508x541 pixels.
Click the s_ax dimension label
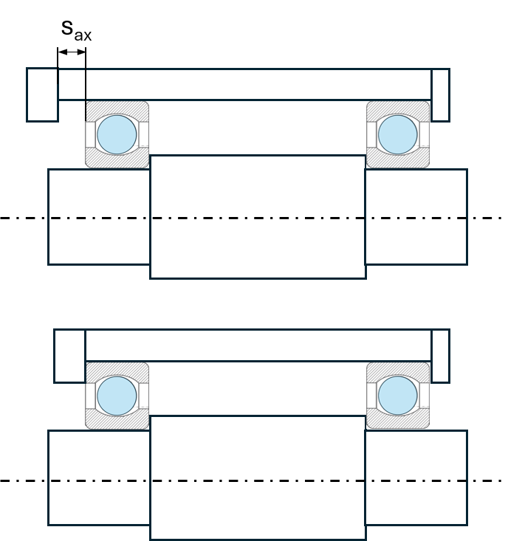click(76, 31)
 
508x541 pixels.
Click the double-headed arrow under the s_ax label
click(72, 52)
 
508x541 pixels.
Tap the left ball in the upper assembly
click(117, 134)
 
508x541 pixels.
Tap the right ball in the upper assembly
click(398, 134)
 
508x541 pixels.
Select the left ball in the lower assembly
click(117, 396)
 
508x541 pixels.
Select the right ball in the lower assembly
click(398, 396)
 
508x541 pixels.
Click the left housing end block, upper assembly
click(42, 95)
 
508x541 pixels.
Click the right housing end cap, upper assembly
click(440, 95)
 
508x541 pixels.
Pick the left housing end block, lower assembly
click(69, 356)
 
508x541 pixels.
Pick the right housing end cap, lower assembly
click(440, 356)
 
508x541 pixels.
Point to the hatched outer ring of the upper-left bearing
click(117, 108)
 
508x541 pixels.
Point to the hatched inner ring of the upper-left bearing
click(117, 159)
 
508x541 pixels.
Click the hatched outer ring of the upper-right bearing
click(398, 108)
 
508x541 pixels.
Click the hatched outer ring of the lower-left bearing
click(117, 369)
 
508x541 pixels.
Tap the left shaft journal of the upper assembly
click(99, 217)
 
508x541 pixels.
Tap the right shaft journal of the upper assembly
click(416, 217)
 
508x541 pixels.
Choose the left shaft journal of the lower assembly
click(99, 478)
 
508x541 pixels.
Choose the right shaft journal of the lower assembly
click(416, 478)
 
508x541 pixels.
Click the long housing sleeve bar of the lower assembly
click(258, 345)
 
